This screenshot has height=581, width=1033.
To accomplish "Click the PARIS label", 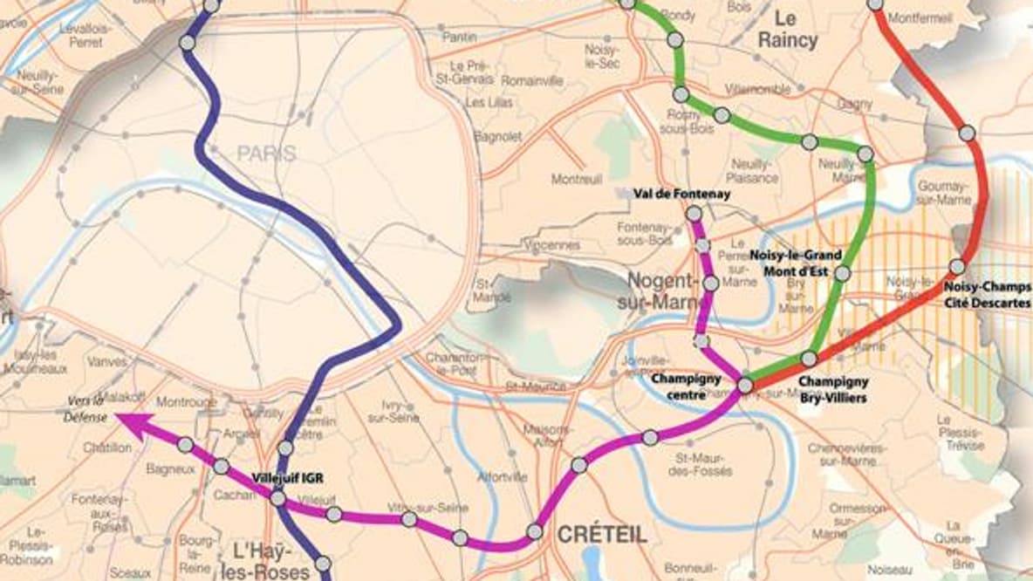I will [266, 154].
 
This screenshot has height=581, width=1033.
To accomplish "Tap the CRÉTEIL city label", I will [602, 534].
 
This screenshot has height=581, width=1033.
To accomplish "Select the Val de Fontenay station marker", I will [694, 213].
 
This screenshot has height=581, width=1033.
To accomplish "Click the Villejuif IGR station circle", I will [277, 499].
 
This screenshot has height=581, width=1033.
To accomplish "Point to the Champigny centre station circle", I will [745, 385].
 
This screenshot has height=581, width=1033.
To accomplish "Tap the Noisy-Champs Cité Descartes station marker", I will [957, 266].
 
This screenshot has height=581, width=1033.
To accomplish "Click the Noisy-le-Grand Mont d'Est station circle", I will [842, 273].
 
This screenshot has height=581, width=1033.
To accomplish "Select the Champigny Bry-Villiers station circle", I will [810, 359].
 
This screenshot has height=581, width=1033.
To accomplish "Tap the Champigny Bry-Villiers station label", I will [833, 389].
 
